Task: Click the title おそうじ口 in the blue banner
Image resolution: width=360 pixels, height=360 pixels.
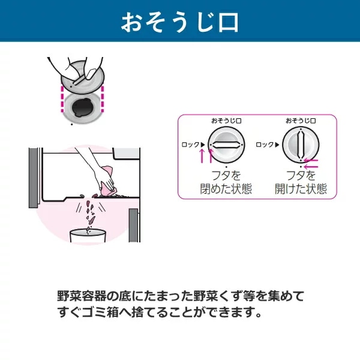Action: tap(180, 22)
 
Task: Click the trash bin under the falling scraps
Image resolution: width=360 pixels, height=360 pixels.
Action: tap(88, 236)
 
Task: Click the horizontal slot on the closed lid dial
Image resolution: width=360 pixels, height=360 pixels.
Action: tap(226, 145)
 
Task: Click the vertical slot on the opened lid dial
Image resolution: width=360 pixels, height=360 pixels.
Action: tap(301, 145)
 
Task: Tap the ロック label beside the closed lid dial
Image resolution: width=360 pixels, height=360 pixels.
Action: tap(191, 145)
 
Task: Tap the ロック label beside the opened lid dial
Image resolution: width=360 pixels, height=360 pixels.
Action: tap(265, 145)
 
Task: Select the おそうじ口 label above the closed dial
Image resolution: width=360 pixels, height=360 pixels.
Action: tap(226, 121)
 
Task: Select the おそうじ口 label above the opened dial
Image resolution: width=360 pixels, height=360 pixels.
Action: tap(301, 121)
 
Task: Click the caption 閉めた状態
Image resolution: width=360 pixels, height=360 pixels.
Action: tap(226, 189)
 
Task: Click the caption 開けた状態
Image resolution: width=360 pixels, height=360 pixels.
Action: tap(301, 189)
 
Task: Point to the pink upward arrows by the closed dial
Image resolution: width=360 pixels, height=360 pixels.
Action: tap(206, 155)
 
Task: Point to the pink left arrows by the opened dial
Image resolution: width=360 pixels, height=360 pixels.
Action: tap(311, 163)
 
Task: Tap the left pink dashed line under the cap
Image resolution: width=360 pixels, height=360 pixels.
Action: tap(62, 99)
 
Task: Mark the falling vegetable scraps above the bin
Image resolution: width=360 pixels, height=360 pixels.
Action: tap(90, 214)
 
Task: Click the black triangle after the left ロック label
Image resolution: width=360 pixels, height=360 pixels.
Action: tap(203, 145)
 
